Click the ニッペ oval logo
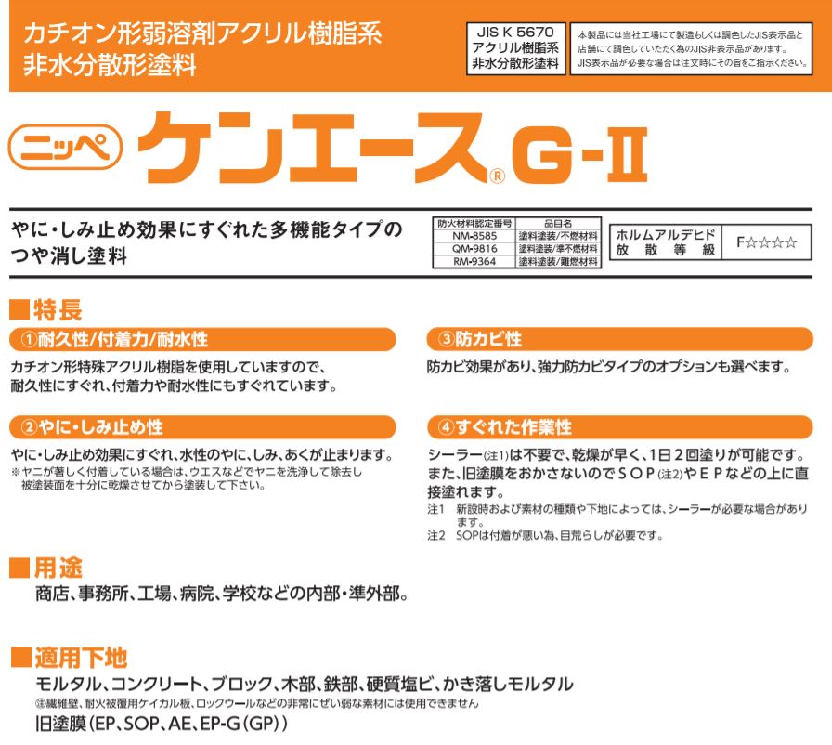(65, 147)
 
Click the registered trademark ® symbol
(497, 176)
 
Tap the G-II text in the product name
(580, 154)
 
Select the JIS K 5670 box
(515, 48)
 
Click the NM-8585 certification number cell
(474, 236)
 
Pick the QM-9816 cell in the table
(474, 249)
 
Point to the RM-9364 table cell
(474, 262)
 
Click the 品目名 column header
(558, 223)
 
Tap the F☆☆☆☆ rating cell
(766, 242)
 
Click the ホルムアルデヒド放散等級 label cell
(666, 242)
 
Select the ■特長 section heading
(46, 310)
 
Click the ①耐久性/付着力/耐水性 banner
(202, 339)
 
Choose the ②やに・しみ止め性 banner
(202, 427)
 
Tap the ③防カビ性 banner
(619, 339)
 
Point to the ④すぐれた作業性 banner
(619, 427)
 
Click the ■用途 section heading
(46, 569)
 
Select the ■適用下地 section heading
(70, 658)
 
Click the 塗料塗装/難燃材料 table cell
(558, 262)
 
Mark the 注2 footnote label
(436, 536)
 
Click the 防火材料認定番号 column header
(474, 223)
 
